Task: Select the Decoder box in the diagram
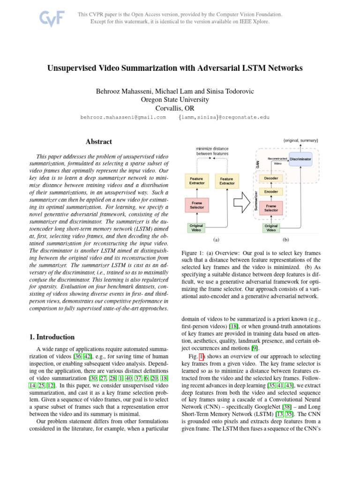(271, 179)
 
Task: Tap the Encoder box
(271, 192)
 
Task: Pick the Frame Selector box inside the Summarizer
(271, 208)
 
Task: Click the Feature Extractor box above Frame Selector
(196, 180)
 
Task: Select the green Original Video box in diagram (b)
(271, 228)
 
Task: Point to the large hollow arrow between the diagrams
(243, 202)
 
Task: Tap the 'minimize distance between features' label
(212, 151)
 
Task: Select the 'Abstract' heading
(99, 142)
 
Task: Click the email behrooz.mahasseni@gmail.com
(124, 118)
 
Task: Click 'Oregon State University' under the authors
(175, 99)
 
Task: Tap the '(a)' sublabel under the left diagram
(216, 240)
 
